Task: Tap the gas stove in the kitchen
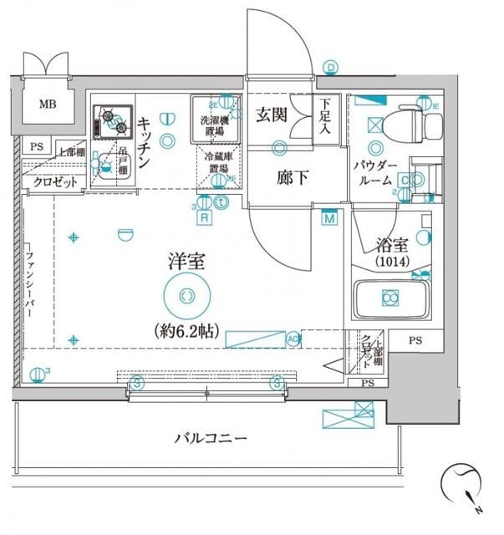pyautogui.click(x=110, y=123)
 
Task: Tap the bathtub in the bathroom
pyautogui.click(x=389, y=298)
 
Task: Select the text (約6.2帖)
pyautogui.click(x=185, y=330)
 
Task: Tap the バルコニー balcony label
pyautogui.click(x=211, y=437)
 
